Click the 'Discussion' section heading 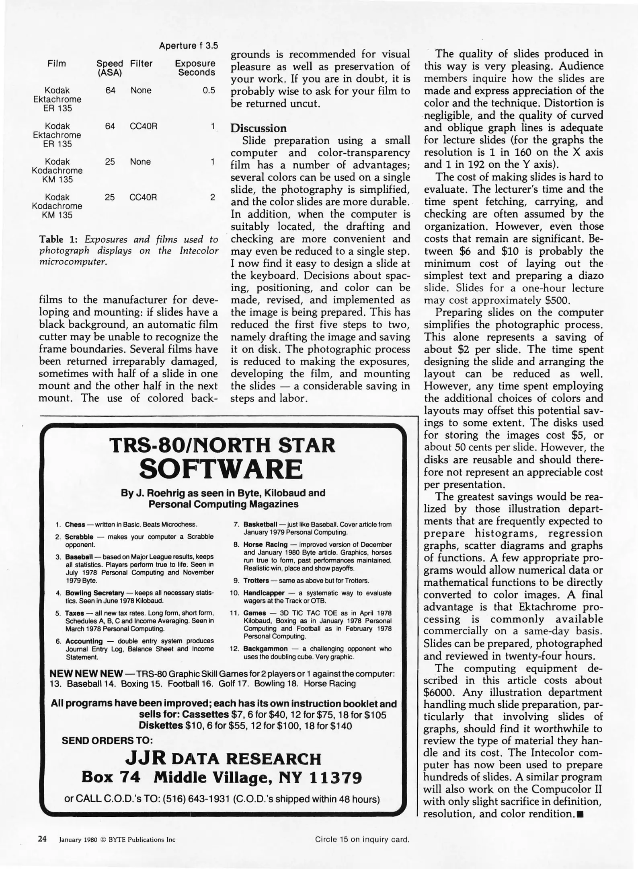click(258, 128)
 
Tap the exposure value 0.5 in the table click(209, 91)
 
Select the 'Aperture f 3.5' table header click(188, 45)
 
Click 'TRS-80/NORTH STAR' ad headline click(222, 445)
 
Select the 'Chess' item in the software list click(75, 525)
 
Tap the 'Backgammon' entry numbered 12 click(265, 649)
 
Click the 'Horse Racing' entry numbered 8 click(265, 545)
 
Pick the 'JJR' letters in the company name click(145, 758)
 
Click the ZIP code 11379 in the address click(336, 778)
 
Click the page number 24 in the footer click(42, 839)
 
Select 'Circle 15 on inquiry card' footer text click(362, 839)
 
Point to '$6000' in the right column click(440, 692)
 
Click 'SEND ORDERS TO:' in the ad click(107, 740)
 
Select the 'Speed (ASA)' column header click(110, 68)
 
